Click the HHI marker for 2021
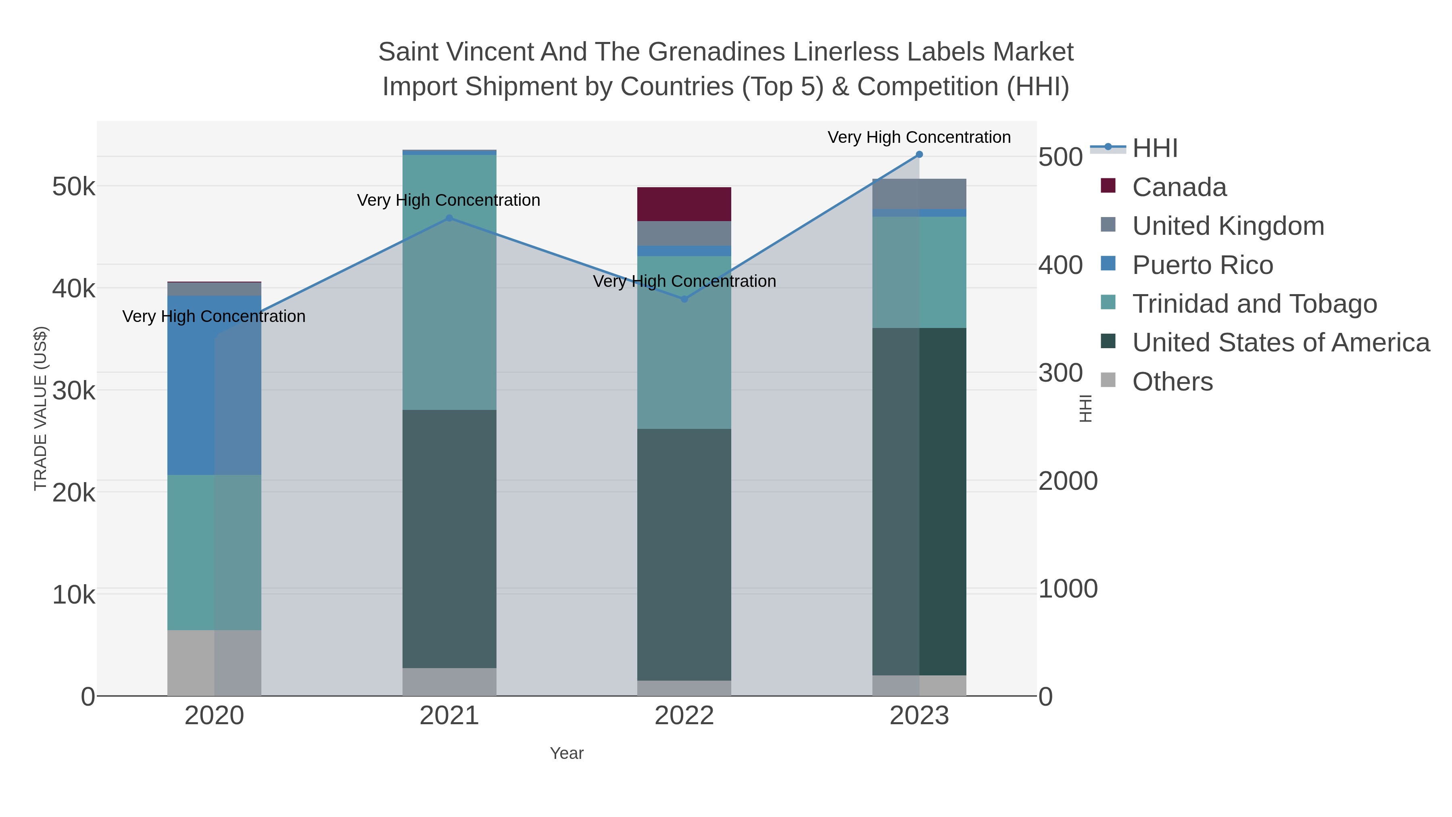coord(449,218)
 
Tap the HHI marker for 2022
coord(684,299)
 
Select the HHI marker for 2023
coord(919,155)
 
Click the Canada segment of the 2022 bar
coord(684,204)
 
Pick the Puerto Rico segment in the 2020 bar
coord(214,385)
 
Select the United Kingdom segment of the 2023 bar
coord(919,194)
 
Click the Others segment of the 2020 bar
coord(214,662)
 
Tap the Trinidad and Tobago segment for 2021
coord(449,282)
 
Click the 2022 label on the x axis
coord(684,716)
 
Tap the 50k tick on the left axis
coord(74,187)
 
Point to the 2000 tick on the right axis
coord(1068,481)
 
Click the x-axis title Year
coord(567,753)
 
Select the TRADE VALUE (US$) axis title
coord(41,408)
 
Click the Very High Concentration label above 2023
coord(919,138)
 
